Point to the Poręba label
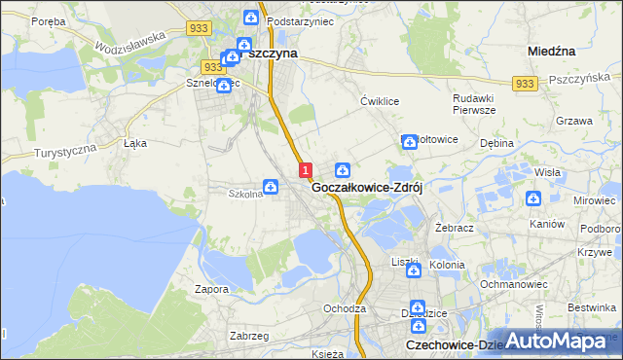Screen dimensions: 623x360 (48, 20)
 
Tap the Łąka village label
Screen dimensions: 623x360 (134, 142)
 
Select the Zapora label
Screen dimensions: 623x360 (211, 289)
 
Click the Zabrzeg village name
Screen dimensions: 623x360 (221, 335)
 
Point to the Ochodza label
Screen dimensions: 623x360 (345, 308)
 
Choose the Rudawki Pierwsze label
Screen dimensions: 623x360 (475, 104)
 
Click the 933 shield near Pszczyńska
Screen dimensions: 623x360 (525, 85)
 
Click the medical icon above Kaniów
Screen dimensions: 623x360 (533, 199)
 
